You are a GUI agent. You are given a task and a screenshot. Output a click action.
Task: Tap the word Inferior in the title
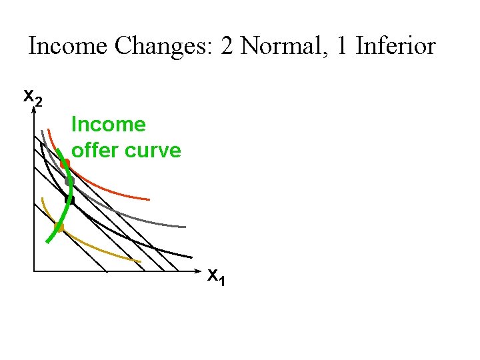pyautogui.click(x=395, y=47)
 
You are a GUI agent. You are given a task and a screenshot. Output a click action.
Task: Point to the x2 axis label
pyautogui.click(x=33, y=97)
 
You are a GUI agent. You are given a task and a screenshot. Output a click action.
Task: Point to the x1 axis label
pyautogui.click(x=215, y=276)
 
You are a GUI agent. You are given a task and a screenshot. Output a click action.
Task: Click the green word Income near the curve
pyautogui.click(x=108, y=125)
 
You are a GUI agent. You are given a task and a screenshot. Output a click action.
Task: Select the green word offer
pyautogui.click(x=93, y=151)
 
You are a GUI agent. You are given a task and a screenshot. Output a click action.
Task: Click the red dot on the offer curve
pyautogui.click(x=65, y=163)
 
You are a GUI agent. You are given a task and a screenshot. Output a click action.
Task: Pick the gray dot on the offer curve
pyautogui.click(x=69, y=181)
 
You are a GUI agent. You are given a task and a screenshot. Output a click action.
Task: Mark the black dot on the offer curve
pyautogui.click(x=69, y=199)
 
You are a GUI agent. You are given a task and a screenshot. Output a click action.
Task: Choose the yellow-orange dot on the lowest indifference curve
pyautogui.click(x=58, y=227)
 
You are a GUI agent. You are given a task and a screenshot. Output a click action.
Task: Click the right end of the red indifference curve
pyautogui.click(x=149, y=199)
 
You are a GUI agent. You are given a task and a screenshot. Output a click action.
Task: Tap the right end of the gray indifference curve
pyautogui.click(x=185, y=227)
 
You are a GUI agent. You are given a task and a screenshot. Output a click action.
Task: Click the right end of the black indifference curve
pyautogui.click(x=191, y=257)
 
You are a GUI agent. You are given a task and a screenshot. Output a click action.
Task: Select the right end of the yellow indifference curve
pyautogui.click(x=140, y=261)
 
